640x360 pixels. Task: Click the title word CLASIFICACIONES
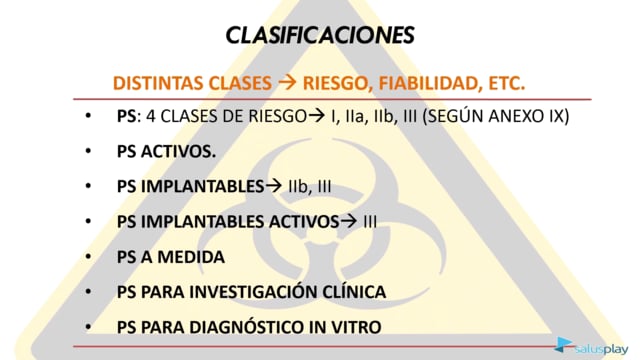(320, 35)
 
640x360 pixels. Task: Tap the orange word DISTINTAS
(157, 83)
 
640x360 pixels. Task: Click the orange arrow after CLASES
(287, 82)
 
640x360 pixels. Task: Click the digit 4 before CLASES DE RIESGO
(151, 116)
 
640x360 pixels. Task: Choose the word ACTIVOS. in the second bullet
(178, 152)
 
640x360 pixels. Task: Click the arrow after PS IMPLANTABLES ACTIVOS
(348, 221)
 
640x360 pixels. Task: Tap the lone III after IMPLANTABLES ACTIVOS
(370, 222)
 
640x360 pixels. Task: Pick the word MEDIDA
(191, 257)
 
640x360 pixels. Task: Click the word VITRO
(356, 327)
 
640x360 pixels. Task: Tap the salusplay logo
(591, 346)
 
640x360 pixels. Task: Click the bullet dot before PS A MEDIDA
(88, 257)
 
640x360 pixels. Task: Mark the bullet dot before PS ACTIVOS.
(88, 151)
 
